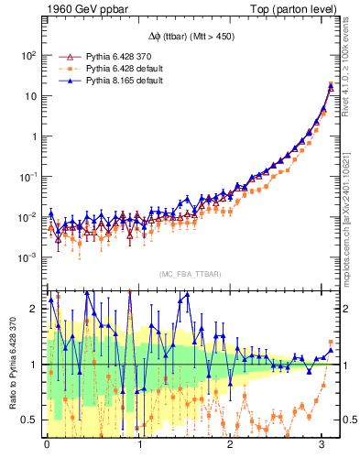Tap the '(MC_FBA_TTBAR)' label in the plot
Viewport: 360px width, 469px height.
click(190, 274)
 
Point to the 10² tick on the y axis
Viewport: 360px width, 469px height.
click(27, 56)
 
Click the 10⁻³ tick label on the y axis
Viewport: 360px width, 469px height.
click(27, 257)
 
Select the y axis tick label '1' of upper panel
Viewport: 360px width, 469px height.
click(32, 136)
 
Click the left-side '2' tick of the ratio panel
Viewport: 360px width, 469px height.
click(33, 309)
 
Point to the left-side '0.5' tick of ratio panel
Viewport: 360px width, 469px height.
click(28, 420)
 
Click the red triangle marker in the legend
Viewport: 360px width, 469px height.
click(64, 56)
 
